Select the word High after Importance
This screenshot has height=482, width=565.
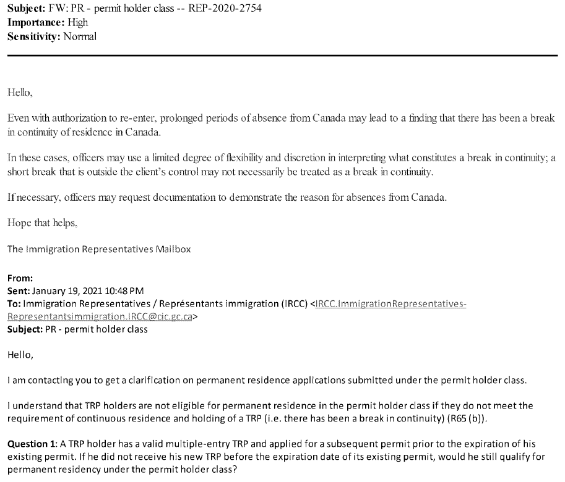[x=78, y=23]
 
